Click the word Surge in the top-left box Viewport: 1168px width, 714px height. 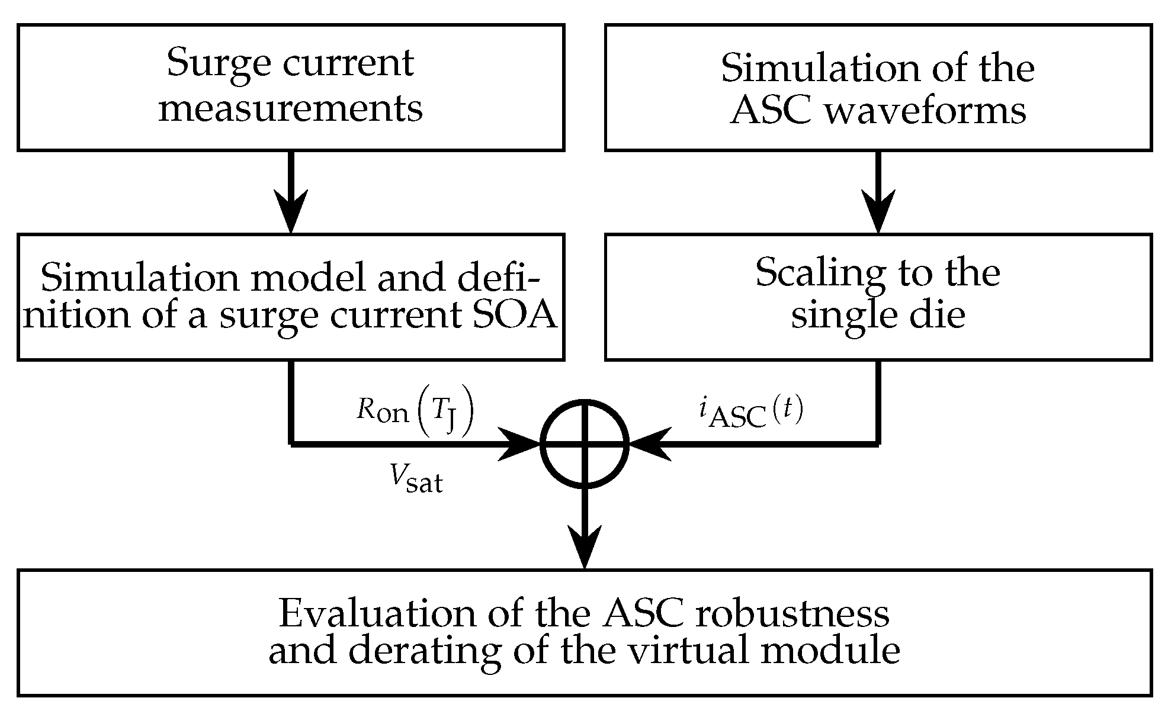tap(219, 64)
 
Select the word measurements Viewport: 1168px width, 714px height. tap(290, 108)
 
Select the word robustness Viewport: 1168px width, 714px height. tap(792, 614)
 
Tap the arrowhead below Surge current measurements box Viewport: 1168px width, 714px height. tap(291, 212)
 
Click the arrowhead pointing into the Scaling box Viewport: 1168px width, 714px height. tap(878, 212)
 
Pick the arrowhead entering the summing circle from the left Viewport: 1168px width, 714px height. tap(521, 443)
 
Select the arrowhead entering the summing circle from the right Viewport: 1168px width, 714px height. tap(649, 443)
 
